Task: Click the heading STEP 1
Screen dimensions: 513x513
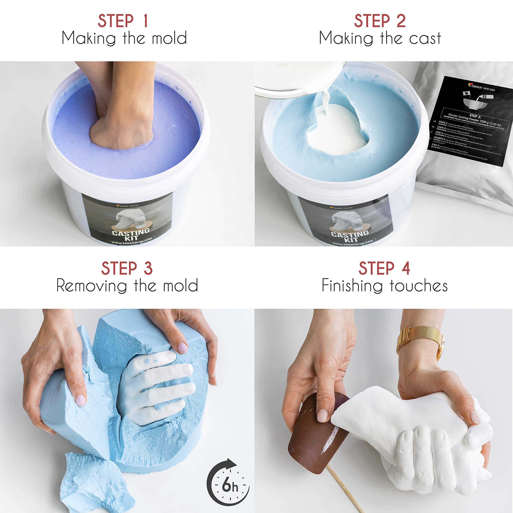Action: pos(123,21)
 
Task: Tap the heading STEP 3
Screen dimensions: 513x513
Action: pos(127,269)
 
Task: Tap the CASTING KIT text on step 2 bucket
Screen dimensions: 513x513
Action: pos(350,236)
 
